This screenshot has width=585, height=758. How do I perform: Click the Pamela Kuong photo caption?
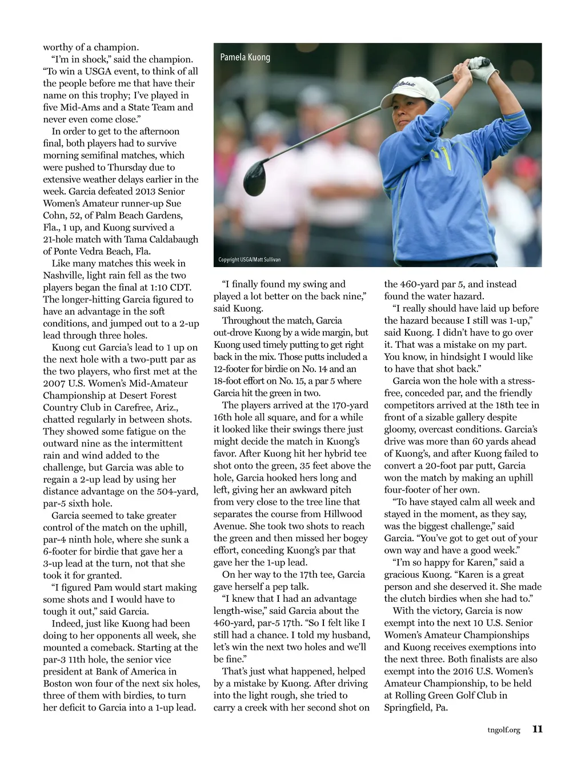click(x=245, y=57)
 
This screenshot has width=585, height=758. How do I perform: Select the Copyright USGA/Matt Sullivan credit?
click(x=250, y=260)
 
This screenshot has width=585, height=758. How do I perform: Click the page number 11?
click(x=537, y=729)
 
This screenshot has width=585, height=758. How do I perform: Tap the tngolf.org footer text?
click(x=504, y=730)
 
